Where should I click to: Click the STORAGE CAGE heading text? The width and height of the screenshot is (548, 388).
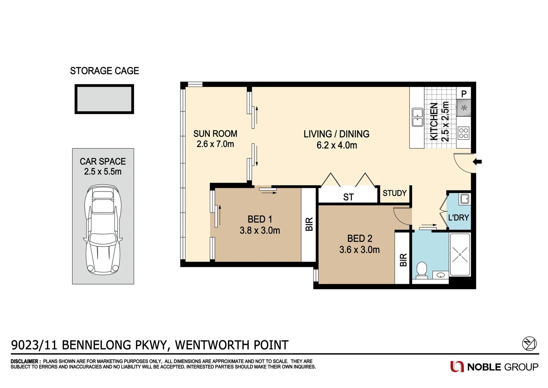(104, 71)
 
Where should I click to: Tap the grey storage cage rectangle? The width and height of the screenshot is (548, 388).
(104, 99)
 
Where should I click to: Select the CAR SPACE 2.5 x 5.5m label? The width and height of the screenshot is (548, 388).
(103, 166)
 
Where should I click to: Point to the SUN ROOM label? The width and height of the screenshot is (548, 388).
(215, 134)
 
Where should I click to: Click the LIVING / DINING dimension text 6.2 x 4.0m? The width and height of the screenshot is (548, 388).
(337, 145)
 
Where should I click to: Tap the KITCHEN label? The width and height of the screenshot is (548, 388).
(434, 121)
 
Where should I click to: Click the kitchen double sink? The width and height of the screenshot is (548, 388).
(417, 117)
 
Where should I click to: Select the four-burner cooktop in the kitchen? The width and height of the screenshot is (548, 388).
(463, 133)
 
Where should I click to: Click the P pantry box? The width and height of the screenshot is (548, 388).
(464, 94)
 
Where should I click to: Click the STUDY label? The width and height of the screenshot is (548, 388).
(395, 193)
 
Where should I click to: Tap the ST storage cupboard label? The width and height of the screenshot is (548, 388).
(348, 197)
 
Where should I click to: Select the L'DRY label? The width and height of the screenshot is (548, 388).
(459, 218)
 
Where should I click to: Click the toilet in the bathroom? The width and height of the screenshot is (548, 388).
(421, 270)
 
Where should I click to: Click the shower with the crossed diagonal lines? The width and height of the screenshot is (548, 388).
(460, 254)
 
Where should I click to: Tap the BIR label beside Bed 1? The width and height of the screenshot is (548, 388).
(309, 224)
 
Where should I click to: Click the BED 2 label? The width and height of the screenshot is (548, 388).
(360, 239)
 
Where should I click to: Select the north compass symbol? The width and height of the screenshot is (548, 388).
(529, 343)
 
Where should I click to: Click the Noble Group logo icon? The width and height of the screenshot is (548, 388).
(457, 367)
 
